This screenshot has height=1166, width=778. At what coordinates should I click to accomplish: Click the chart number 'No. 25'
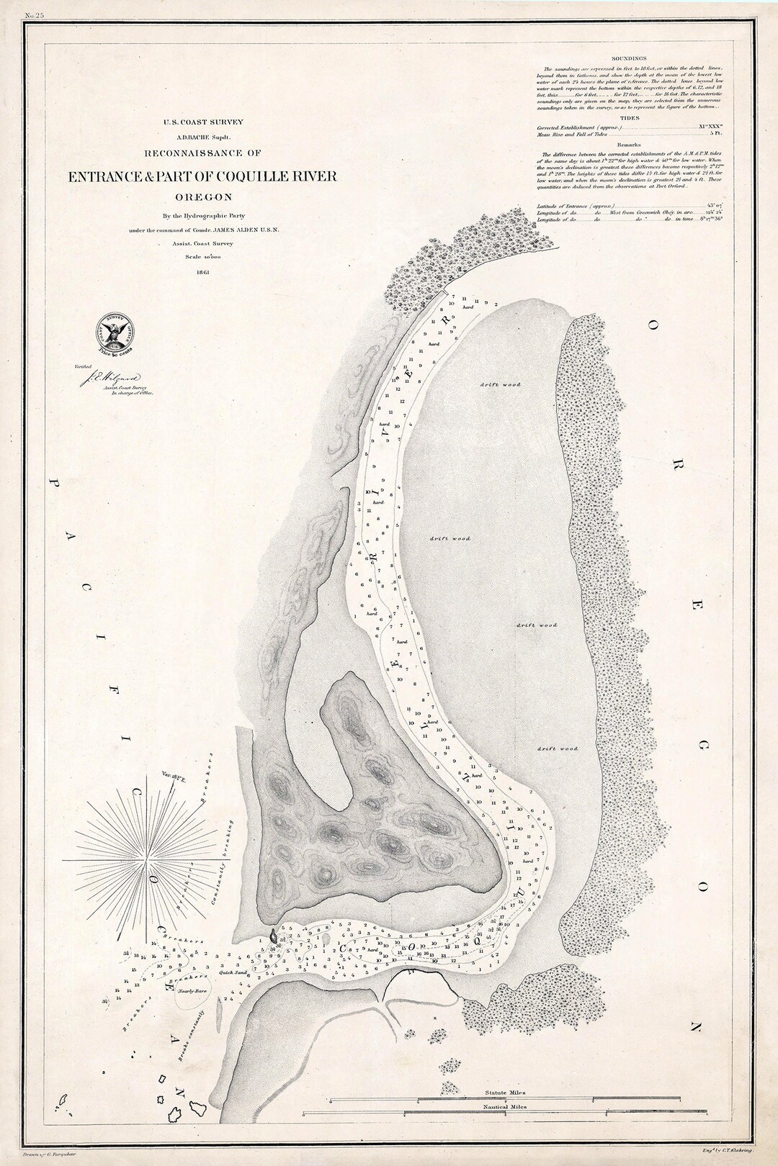[35, 14]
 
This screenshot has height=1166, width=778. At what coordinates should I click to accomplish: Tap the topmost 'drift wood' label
[501, 384]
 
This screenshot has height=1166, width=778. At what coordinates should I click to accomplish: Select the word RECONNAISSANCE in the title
[189, 153]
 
